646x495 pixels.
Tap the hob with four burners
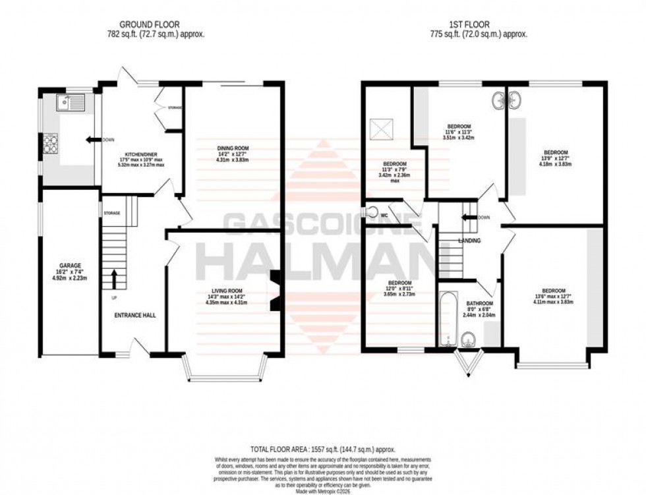click(51, 142)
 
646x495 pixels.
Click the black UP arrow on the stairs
click(114, 279)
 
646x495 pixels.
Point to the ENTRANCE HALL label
click(134, 316)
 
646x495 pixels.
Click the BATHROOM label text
click(479, 304)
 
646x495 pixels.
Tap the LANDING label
click(469, 241)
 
